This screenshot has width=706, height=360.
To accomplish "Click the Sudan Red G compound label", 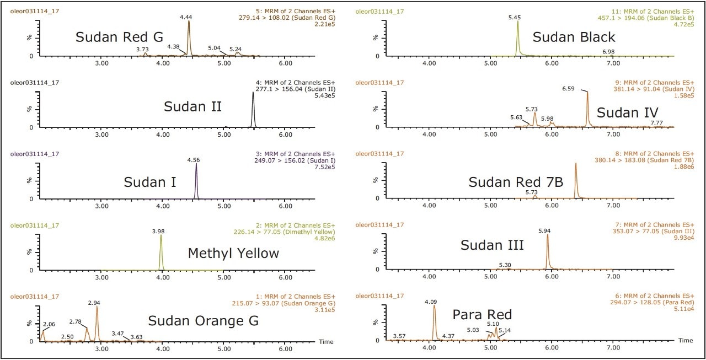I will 120,37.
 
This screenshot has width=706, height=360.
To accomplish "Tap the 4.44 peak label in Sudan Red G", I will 186,18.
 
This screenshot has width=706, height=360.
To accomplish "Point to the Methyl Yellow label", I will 233,254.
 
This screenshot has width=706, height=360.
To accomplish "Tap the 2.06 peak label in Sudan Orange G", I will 49,324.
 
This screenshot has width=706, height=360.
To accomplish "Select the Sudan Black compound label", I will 574,37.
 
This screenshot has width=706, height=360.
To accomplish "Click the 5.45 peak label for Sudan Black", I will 514,18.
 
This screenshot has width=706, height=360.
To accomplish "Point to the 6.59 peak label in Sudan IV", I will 580,88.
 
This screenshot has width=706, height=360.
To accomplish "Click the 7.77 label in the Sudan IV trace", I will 656,122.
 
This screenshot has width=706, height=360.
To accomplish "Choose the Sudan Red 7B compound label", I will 516,182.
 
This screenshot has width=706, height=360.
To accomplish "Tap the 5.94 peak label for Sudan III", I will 544,231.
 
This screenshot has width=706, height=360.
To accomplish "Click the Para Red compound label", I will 482,315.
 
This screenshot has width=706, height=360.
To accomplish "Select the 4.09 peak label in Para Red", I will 430,302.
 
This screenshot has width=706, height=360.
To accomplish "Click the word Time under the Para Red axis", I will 686,341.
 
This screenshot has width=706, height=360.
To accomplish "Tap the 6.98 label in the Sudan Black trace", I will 608,51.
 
